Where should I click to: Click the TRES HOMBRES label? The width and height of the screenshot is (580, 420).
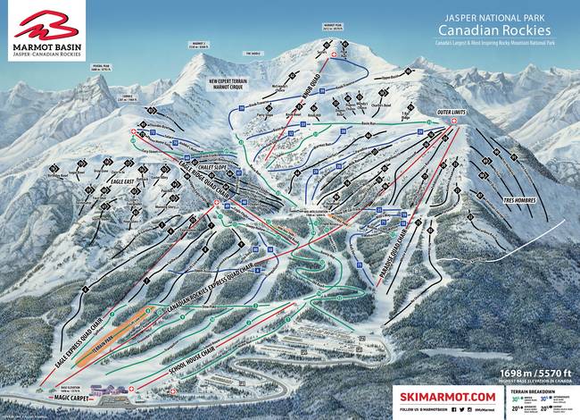pyautogui.click(x=523, y=200)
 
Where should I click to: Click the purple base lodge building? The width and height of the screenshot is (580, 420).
pyautogui.click(x=100, y=391)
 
